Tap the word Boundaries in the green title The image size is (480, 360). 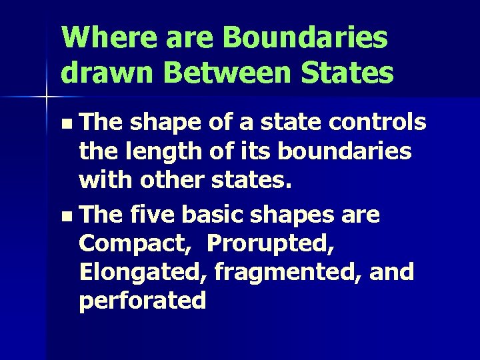[x=305, y=37]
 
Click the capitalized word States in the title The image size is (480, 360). [x=349, y=72]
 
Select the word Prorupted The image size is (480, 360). [x=271, y=245]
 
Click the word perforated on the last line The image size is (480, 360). [x=143, y=301]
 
